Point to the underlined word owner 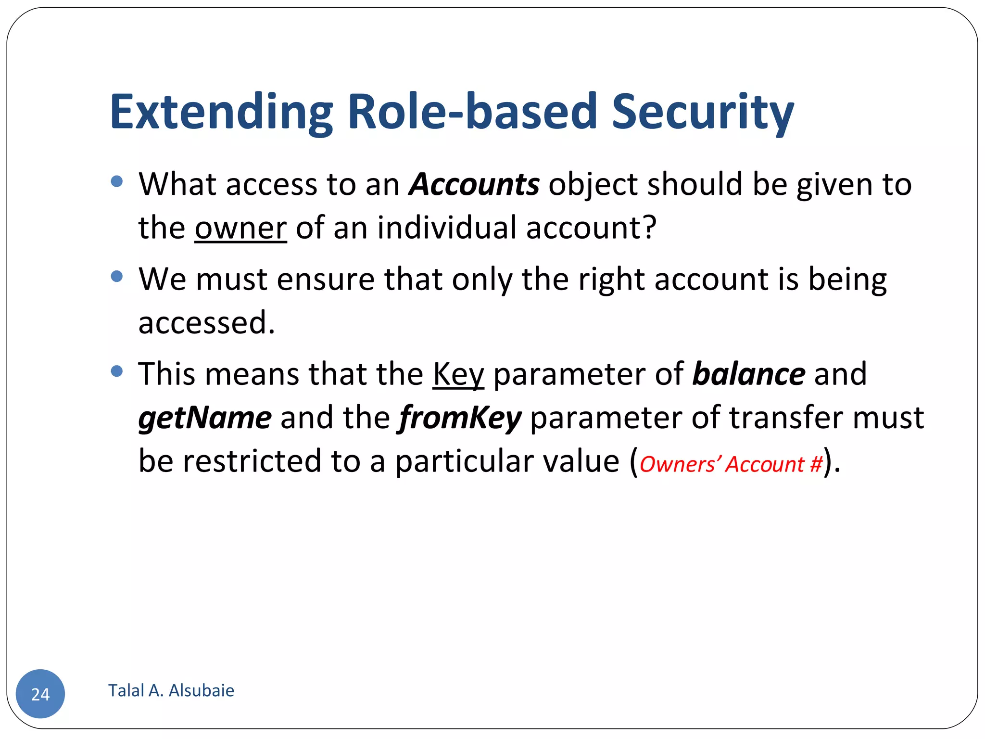240,228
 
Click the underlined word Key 458,374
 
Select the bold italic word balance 748,374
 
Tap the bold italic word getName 205,418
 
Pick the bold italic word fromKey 460,418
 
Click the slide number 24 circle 40,694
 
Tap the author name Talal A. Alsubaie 171,690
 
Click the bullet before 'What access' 116,181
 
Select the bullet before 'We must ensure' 116,276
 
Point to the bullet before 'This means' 116,371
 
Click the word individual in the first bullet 447,228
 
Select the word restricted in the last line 252,461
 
